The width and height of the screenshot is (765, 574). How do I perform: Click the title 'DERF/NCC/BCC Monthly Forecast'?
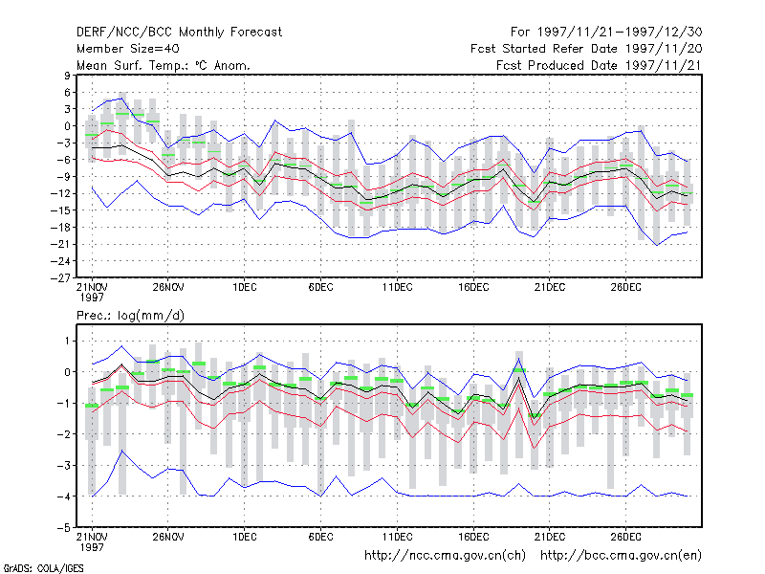click(x=179, y=33)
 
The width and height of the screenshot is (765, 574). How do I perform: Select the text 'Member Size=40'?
click(x=128, y=49)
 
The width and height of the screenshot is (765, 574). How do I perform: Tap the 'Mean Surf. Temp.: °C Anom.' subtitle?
click(x=164, y=65)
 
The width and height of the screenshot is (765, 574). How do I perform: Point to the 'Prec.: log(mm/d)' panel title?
click(x=130, y=316)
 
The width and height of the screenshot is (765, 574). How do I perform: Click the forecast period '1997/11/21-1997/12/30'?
click(x=620, y=33)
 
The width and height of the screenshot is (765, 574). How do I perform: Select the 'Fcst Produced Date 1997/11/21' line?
click(x=600, y=65)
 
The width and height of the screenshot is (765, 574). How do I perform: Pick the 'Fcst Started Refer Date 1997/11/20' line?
click(x=586, y=49)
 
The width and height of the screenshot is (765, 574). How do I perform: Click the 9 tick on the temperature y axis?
click(x=67, y=76)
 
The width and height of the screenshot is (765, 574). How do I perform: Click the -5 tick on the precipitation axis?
click(x=64, y=528)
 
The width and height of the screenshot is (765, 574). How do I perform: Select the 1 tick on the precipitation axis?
click(x=67, y=341)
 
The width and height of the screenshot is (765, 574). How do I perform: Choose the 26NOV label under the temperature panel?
click(x=168, y=288)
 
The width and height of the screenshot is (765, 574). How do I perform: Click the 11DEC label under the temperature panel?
click(x=397, y=288)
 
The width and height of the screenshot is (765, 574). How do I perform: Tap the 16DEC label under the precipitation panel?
click(x=473, y=537)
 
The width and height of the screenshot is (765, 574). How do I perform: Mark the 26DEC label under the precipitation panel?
click(x=626, y=537)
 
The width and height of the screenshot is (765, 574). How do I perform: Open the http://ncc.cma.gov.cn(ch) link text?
click(x=445, y=556)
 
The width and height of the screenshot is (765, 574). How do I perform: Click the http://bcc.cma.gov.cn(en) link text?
click(x=621, y=556)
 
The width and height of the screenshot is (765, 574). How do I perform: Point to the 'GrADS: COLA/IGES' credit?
click(x=43, y=568)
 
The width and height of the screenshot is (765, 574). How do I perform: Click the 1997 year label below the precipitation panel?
click(x=92, y=547)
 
